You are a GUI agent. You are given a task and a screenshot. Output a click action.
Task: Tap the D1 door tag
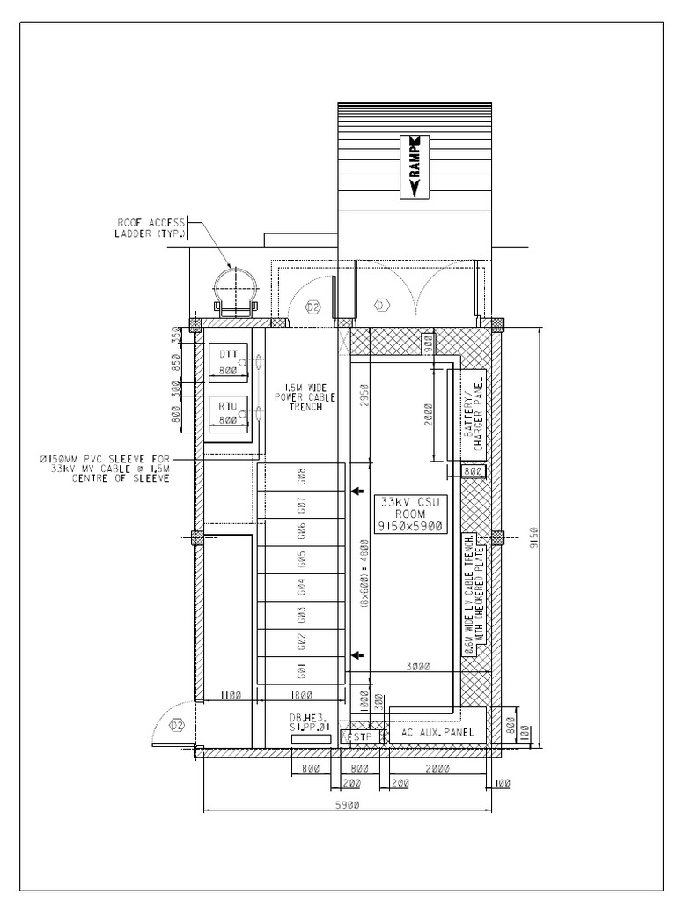(x=381, y=306)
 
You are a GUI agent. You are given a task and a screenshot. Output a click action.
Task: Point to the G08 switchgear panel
(x=301, y=477)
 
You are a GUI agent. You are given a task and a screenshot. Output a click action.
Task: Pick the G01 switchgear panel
(x=301, y=671)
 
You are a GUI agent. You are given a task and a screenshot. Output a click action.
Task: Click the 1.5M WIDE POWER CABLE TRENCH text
(x=298, y=397)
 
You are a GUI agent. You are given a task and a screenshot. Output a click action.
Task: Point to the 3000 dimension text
(x=419, y=667)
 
